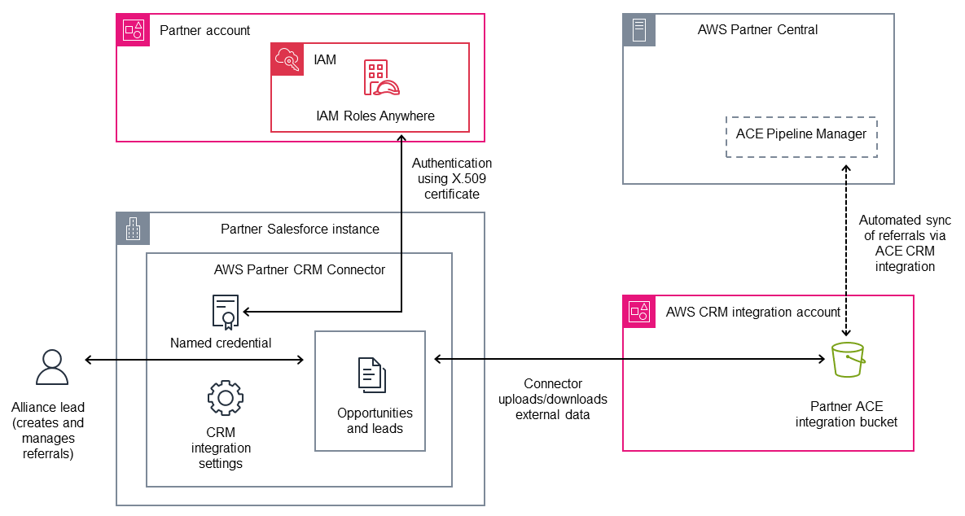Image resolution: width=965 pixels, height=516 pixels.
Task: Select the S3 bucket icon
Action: point(847,360)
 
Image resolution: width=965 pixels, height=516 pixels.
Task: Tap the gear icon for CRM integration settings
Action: point(225,397)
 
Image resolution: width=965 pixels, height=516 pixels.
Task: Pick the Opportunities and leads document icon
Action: point(371,375)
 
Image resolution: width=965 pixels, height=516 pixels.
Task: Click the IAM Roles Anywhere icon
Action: point(381,78)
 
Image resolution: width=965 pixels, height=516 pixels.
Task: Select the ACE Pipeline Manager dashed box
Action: point(801,134)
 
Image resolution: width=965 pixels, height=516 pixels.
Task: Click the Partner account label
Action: point(204,30)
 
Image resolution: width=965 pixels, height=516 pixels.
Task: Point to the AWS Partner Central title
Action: point(757,30)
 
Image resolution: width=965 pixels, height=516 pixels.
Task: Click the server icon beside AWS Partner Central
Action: point(639,30)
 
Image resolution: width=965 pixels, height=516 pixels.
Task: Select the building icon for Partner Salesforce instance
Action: point(133,230)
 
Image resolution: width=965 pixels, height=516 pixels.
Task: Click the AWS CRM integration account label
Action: point(753,312)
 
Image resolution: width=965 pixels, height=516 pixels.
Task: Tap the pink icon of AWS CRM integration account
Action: point(639,312)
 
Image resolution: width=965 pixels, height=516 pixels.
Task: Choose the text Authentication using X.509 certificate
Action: point(451,179)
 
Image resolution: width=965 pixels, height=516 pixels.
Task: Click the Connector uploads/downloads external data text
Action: point(553,399)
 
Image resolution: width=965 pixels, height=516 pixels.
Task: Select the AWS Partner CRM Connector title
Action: point(299,269)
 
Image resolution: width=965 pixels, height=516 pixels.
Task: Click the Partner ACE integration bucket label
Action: point(847,413)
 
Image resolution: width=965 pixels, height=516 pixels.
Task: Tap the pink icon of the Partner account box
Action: point(133,30)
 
